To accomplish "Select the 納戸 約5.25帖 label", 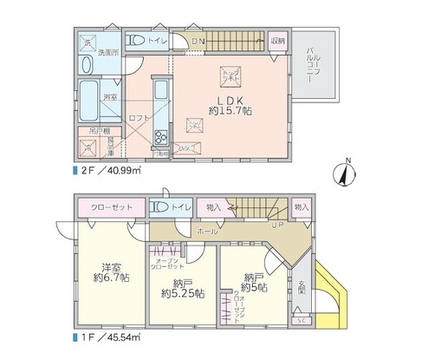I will coord(176,287).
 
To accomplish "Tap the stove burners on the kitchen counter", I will coord(160,137).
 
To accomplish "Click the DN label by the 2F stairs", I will coord(198,40).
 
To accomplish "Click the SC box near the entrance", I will coord(301,320).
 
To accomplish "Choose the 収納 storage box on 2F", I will coord(277,40).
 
